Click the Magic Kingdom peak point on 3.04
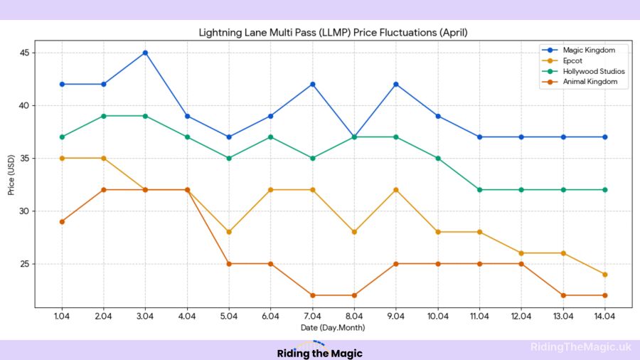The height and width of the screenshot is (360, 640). coord(146,53)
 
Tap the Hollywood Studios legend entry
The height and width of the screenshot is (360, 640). coord(594,71)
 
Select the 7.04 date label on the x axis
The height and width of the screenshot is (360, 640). coord(312,316)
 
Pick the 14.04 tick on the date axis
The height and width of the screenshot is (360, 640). coord(604,316)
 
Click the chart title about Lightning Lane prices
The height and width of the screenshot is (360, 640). coord(332,33)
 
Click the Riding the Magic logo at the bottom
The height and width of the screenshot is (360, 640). coord(319,351)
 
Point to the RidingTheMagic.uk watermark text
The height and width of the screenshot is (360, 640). coord(580,347)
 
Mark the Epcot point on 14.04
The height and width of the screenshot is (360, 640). coord(604,275)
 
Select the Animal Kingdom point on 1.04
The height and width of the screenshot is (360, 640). coord(63,221)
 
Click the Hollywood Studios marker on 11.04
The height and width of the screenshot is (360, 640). coord(479,190)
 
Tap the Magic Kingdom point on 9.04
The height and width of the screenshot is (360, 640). coord(396,84)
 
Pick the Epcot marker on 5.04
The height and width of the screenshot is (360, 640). coord(229,232)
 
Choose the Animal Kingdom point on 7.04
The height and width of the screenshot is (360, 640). coord(312,295)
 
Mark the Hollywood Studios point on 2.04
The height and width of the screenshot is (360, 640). coord(104,116)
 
